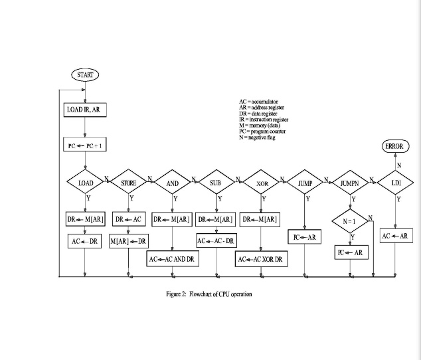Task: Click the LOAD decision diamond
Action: pos(86,182)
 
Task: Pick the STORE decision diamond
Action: pos(128,182)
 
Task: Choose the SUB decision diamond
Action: pos(216,182)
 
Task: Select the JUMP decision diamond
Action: pos(305,182)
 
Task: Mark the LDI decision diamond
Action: pos(396,182)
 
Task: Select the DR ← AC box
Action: pos(129,219)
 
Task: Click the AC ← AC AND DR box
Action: pos(172,259)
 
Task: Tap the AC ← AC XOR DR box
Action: pos(261,259)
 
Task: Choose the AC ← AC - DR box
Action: pos(216,240)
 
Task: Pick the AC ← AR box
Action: pos(396,236)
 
